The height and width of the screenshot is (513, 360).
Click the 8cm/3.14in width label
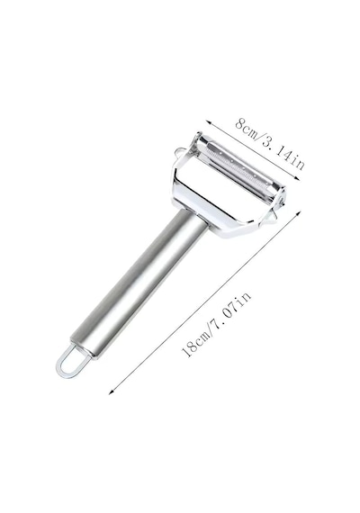(270, 143)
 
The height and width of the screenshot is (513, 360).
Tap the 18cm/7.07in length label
(216, 324)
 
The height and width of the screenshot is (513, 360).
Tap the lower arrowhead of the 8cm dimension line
(297, 177)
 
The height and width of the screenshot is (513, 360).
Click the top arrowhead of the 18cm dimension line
(298, 213)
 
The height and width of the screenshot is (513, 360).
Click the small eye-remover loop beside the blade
(179, 153)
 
